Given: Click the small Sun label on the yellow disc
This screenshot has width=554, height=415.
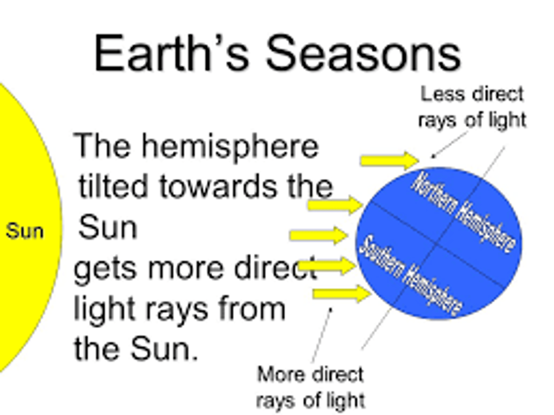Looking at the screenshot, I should click(25, 231).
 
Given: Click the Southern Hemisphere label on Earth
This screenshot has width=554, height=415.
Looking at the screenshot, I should click(410, 276).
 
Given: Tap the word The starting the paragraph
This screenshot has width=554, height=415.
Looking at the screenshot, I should click(102, 146).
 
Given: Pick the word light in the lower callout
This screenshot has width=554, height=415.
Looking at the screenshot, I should click(346, 400).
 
